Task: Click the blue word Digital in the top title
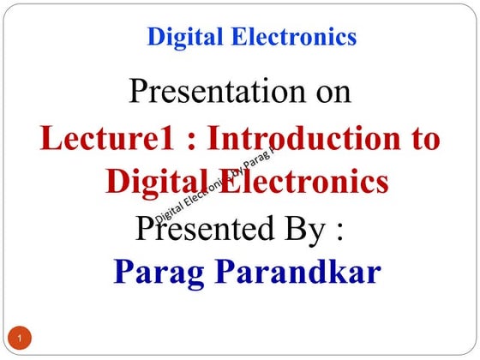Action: point(179,37)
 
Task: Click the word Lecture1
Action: point(99,139)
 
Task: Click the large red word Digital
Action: point(159,182)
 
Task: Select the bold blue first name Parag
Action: point(163,272)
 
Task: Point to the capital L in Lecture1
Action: point(51,139)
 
